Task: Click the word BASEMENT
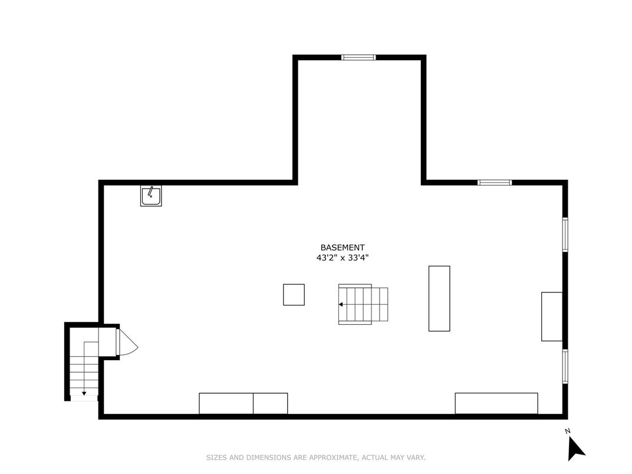(342, 248)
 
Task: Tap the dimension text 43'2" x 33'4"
(342, 258)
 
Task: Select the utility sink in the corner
(151, 196)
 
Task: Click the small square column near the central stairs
(294, 295)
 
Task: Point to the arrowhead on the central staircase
(341, 304)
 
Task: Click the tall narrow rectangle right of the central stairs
(439, 298)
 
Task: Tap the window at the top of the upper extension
(358, 57)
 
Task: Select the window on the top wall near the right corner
(495, 183)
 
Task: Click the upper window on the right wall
(565, 235)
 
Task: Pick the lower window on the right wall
(565, 366)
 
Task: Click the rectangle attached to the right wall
(552, 317)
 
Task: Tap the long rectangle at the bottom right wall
(496, 403)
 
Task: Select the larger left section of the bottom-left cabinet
(226, 403)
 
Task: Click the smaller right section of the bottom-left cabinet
(271, 403)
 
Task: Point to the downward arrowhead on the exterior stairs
(84, 393)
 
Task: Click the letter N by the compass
(568, 431)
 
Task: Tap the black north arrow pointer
(575, 449)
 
